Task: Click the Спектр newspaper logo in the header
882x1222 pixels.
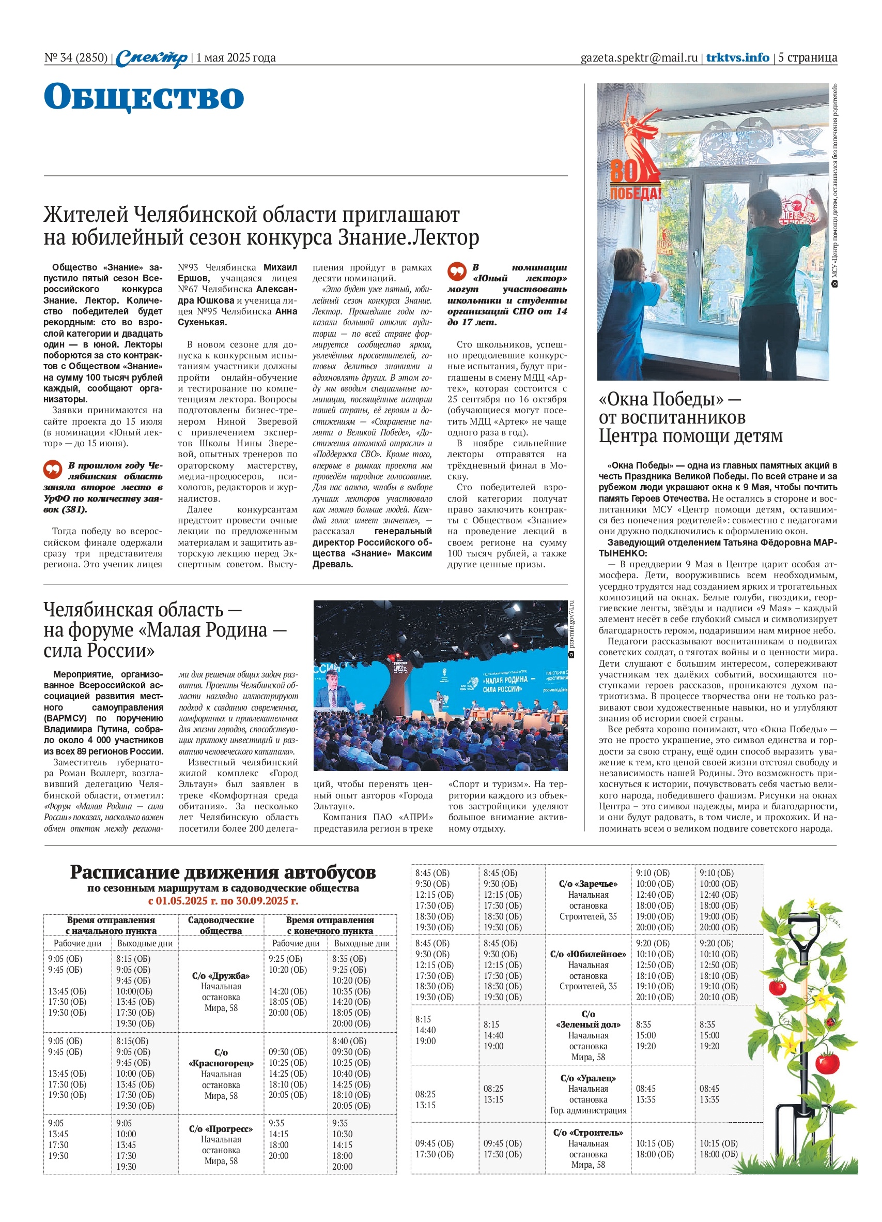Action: point(151,57)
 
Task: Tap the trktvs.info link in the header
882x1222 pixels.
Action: point(737,57)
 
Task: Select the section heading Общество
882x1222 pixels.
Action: point(144,97)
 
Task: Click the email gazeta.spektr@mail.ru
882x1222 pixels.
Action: point(639,57)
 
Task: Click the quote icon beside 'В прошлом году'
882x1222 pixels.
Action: point(53,469)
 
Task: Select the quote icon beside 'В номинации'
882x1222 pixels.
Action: point(457,271)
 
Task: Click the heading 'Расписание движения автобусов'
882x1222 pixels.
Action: point(222,873)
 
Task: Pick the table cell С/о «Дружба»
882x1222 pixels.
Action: point(221,976)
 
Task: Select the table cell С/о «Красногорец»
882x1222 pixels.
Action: point(221,1058)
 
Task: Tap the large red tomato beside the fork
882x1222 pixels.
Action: point(827,1063)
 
